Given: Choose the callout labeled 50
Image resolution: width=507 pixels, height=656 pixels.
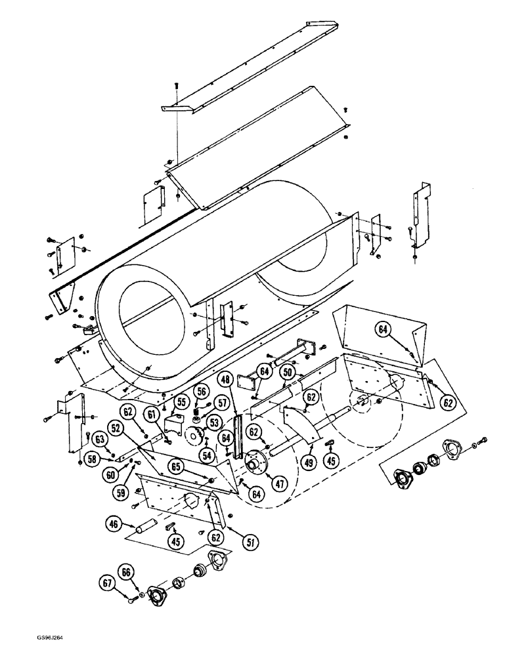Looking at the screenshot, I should click(286, 372).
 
